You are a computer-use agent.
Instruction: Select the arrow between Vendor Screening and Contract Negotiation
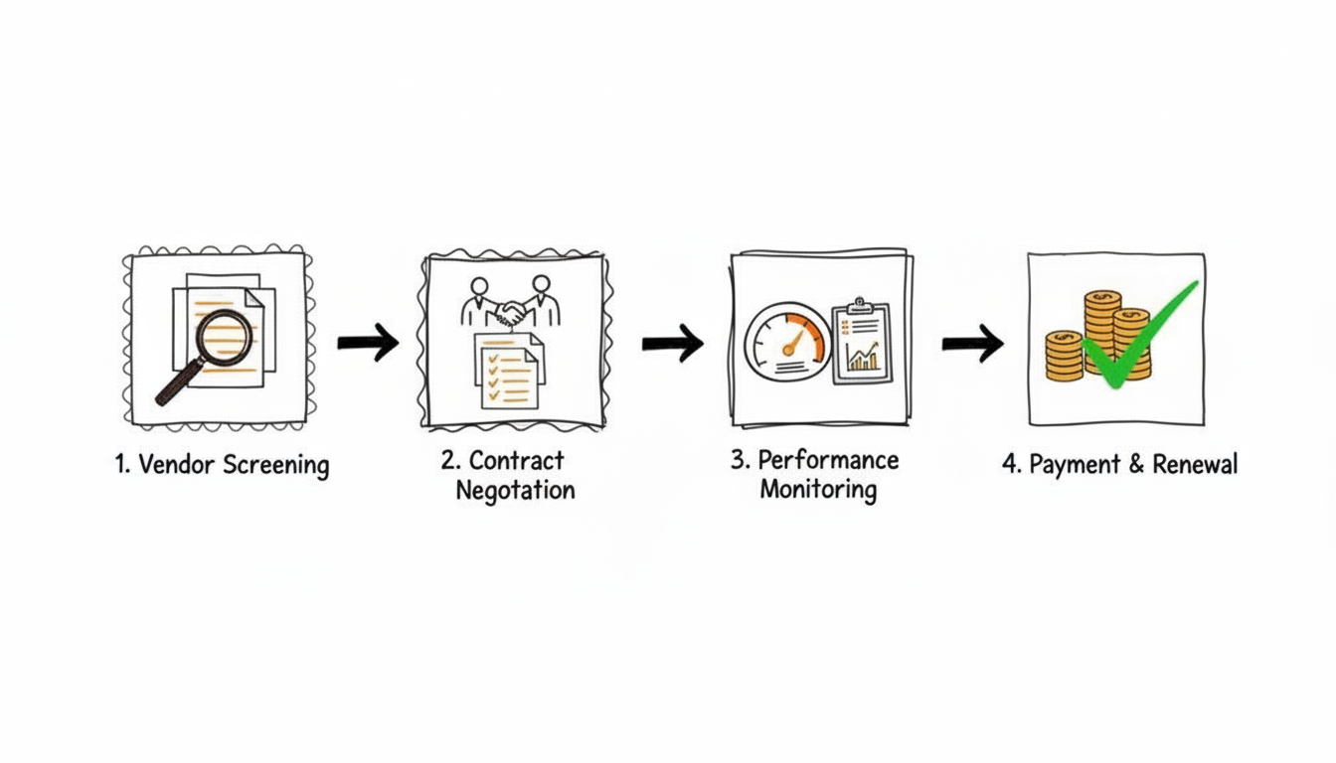pos(368,343)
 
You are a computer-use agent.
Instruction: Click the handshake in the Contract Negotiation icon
pos(513,313)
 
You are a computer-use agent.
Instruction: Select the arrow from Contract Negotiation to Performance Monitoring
pos(672,344)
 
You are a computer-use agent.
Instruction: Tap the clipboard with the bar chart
pos(861,341)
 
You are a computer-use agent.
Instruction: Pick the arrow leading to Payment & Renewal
pos(972,344)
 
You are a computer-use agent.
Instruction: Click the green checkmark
pos(1133,338)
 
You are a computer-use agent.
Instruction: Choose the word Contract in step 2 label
pos(516,461)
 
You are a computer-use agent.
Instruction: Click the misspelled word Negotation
pos(515,491)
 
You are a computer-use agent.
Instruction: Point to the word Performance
pos(828,460)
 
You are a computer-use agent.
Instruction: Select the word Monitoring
pos(817,490)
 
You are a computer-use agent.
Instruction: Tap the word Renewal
pos(1195,464)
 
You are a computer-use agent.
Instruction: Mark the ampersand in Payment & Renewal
pos(1135,465)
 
